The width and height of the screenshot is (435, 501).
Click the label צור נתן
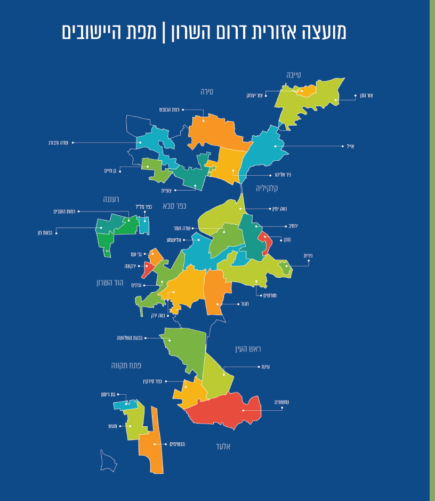pyautogui.click(x=366, y=96)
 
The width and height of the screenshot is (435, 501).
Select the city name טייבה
pyautogui.click(x=293, y=75)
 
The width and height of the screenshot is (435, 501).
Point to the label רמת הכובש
pyautogui.click(x=169, y=109)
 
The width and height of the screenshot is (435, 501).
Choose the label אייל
pyautogui.click(x=350, y=146)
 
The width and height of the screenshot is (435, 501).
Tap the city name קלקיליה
pyautogui.click(x=267, y=188)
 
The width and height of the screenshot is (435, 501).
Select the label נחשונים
pyautogui.click(x=282, y=402)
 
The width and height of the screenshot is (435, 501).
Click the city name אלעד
pyautogui.click(x=223, y=446)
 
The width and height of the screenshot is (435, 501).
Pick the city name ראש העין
pyautogui.click(x=248, y=349)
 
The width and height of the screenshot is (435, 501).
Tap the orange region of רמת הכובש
pyautogui.click(x=213, y=131)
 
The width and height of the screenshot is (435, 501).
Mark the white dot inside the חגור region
pyautogui.click(x=217, y=304)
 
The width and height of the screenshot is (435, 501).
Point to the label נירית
pyautogui.click(x=308, y=256)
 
